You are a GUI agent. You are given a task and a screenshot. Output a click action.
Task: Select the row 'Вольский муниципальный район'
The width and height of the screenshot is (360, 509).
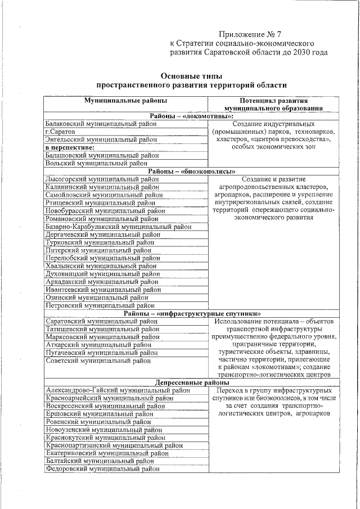click(96, 164)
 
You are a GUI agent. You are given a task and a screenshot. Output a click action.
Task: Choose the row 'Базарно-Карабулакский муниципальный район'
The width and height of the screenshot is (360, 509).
click(118, 227)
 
